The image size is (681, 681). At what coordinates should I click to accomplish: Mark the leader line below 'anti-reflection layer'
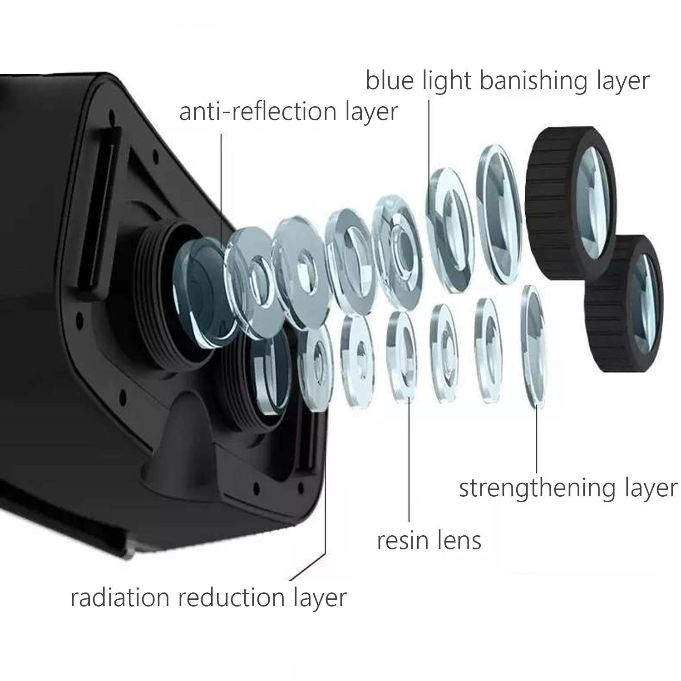[222, 191]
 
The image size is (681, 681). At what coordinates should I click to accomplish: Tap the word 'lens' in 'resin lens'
[461, 541]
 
